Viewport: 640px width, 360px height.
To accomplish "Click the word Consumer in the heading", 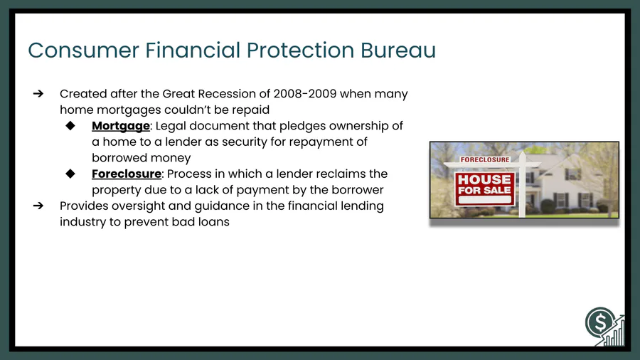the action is tap(84, 51).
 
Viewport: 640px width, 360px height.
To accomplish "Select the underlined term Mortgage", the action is tap(121, 126).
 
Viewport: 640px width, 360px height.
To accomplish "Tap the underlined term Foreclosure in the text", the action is tap(127, 174).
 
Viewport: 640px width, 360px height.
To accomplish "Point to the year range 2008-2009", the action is tap(305, 94).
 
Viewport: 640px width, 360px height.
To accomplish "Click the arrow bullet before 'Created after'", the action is tap(38, 94).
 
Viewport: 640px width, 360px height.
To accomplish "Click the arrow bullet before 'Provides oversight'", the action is tap(38, 206).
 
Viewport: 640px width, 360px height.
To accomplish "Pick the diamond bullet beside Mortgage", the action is tap(70, 126).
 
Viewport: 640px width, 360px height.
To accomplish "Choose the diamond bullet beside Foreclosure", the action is tap(70, 174).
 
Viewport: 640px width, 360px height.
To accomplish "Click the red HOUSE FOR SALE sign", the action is tap(484, 189).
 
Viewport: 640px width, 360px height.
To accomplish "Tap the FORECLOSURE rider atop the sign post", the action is tap(485, 159).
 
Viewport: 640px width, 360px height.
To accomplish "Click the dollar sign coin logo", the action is tap(599, 322).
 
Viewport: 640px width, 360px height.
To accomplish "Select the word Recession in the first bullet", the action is tap(237, 94).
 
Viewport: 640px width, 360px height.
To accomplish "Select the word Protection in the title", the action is tap(300, 51).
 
